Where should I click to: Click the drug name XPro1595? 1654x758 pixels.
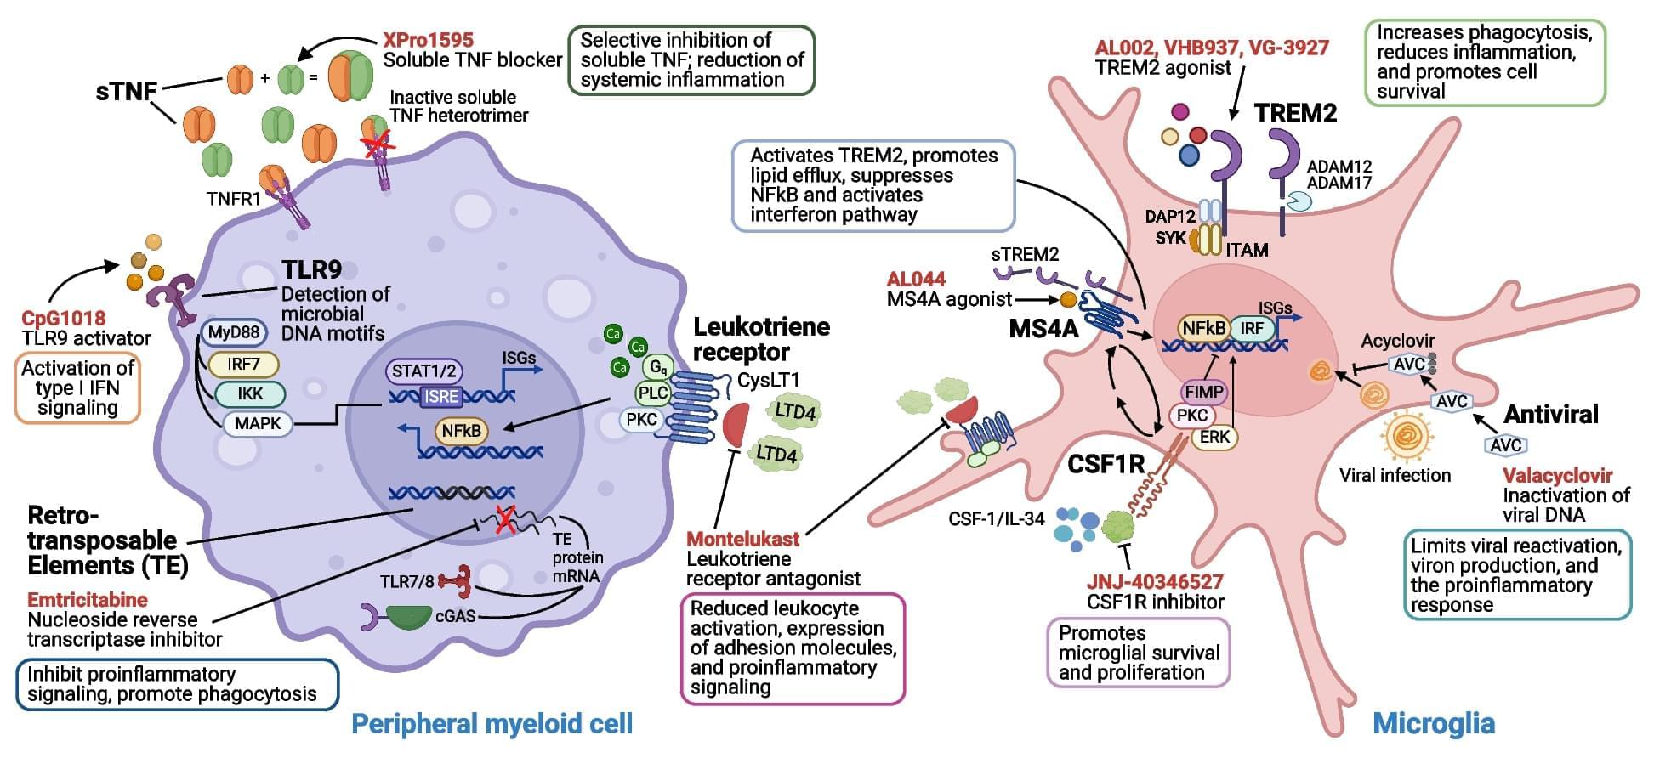(x=428, y=40)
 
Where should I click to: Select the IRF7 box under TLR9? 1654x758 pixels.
(x=243, y=365)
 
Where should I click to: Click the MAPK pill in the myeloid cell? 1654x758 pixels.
(x=258, y=423)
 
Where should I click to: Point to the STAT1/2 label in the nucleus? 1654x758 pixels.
(x=423, y=371)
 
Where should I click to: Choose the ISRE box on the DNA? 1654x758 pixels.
(x=441, y=396)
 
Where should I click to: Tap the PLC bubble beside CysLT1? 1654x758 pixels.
(x=653, y=393)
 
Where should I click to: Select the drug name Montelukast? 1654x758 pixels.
(x=742, y=539)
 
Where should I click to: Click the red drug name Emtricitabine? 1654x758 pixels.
(x=88, y=600)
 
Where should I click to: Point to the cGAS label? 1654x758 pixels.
(x=455, y=616)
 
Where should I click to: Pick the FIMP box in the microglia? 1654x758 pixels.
(x=1203, y=392)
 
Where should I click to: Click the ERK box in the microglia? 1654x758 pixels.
(x=1215, y=437)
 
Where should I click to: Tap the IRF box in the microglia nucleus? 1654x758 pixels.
(x=1251, y=329)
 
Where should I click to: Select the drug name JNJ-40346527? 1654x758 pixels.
(x=1154, y=582)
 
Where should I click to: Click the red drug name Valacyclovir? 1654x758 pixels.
(x=1557, y=476)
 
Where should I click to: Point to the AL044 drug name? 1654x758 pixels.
(x=916, y=280)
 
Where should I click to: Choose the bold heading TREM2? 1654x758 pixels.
(x=1295, y=113)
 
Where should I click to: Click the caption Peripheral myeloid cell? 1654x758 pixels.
(x=492, y=724)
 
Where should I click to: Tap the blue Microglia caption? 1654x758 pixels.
(x=1434, y=724)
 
